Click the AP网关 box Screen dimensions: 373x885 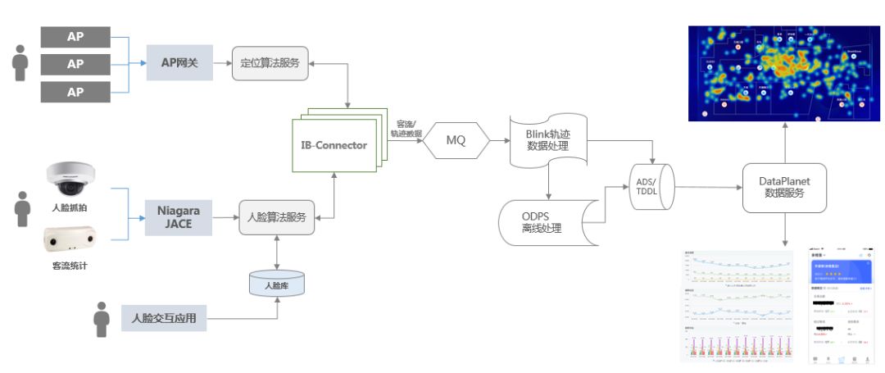[179, 62]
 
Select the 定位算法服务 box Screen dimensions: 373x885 [270, 62]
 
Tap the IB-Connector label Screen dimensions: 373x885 [334, 145]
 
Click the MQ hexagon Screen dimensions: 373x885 [456, 140]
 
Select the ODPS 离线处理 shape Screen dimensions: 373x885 [541, 221]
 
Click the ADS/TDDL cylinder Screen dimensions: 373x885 [652, 185]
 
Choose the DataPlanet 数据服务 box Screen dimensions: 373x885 [784, 187]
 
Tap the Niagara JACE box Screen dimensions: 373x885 [179, 217]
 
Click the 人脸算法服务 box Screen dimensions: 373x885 [277, 217]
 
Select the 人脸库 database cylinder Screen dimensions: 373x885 [276, 284]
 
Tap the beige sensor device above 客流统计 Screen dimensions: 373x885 [70, 240]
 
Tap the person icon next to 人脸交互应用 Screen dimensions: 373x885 [101, 319]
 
